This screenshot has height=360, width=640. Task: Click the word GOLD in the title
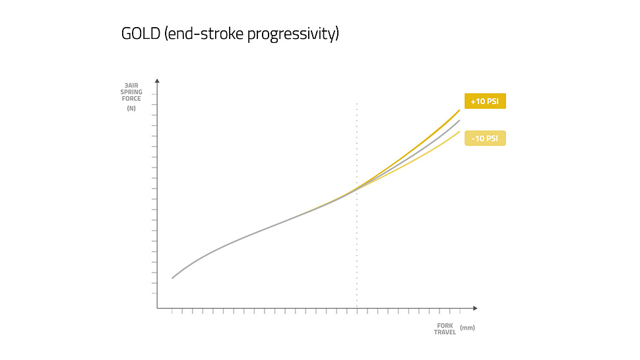tap(141, 34)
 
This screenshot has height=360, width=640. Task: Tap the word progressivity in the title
tap(293, 34)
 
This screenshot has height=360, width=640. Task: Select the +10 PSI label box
tap(485, 101)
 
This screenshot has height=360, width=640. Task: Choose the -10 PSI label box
tap(485, 138)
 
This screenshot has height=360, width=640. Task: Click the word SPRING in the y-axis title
tap(131, 92)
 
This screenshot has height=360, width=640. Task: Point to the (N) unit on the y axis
tap(131, 108)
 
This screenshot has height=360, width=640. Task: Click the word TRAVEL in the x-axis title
tap(445, 332)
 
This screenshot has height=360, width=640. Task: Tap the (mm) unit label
tap(467, 328)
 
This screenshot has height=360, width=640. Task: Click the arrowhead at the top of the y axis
tap(157, 80)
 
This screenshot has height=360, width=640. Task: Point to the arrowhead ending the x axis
tap(475, 308)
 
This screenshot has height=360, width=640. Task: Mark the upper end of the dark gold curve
tap(459, 110)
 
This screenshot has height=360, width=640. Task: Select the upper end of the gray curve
tap(459, 121)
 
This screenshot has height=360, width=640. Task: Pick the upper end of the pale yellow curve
tap(459, 132)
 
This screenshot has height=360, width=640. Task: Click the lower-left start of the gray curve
tap(172, 278)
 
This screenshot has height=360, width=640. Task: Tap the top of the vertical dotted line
tap(357, 104)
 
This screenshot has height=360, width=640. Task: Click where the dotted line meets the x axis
tap(357, 308)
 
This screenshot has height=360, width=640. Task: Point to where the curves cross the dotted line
tap(357, 189)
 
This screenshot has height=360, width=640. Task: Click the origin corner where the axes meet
tap(157, 308)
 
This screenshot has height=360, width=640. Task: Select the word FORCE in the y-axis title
tap(131, 99)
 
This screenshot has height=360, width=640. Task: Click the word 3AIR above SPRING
tap(131, 86)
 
